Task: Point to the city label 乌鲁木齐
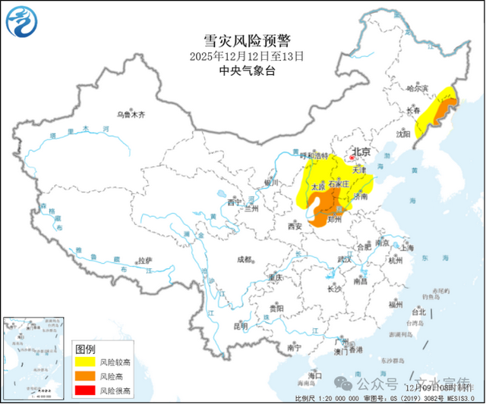tap(131, 114)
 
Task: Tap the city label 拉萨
tap(144, 261)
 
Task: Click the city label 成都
tap(245, 259)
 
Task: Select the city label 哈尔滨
tap(418, 89)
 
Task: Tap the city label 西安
tap(295, 226)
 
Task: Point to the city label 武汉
tap(346, 259)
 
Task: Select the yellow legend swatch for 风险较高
tap(85, 363)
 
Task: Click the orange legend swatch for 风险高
tap(85, 377)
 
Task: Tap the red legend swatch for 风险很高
tap(85, 390)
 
